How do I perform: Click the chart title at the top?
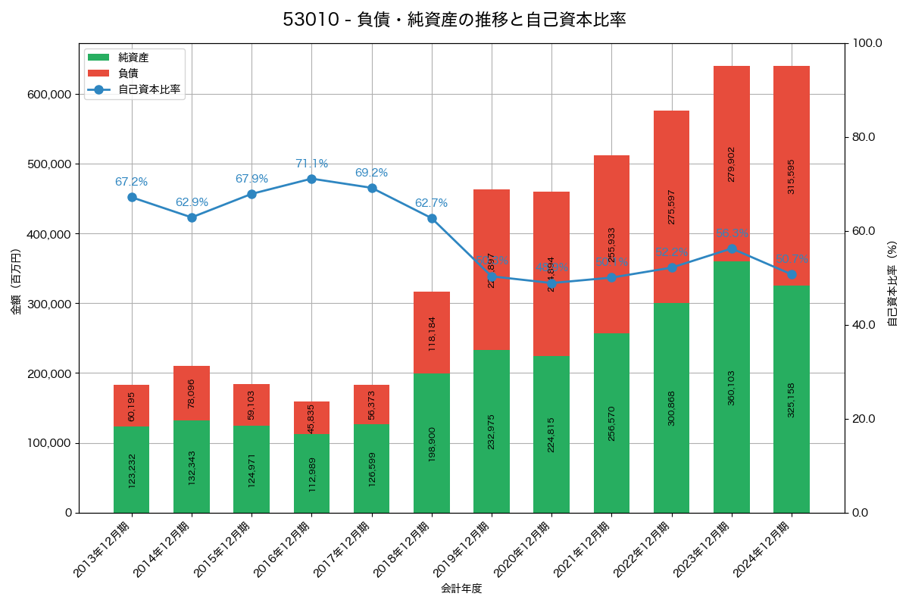coord(454,20)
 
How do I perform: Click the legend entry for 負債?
coord(128,73)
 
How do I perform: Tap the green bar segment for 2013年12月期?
coord(132,470)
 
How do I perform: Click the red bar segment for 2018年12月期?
coord(432,333)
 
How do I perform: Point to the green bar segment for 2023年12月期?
coord(732,387)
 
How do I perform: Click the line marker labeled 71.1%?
coord(311,179)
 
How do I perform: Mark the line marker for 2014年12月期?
coord(192,217)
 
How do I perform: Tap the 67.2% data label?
coord(132,182)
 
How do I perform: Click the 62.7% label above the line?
coord(431,203)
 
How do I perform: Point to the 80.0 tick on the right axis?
coord(863,137)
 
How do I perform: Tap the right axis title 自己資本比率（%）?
coord(892,284)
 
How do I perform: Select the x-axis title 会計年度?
coord(461,589)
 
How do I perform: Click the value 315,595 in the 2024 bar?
coord(792,176)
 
